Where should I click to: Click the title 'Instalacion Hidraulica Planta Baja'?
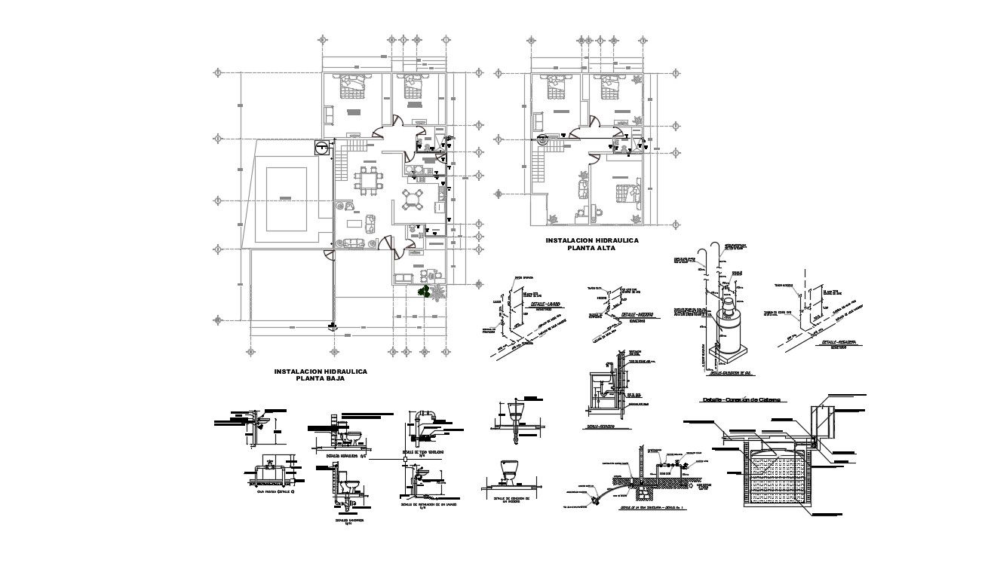(320, 375)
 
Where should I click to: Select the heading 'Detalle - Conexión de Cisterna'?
(741, 399)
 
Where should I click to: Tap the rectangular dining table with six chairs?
(369, 182)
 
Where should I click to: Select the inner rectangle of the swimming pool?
(284, 197)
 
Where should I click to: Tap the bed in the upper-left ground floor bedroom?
(353, 87)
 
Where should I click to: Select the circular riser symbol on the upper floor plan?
(544, 139)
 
